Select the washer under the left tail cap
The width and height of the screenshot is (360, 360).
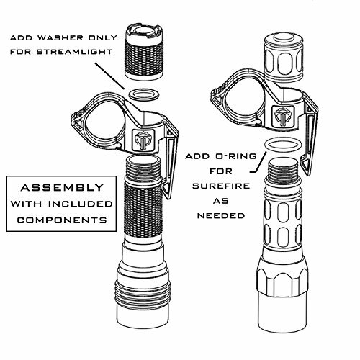click(x=142, y=95)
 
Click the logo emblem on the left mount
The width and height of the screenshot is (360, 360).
click(x=143, y=139)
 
